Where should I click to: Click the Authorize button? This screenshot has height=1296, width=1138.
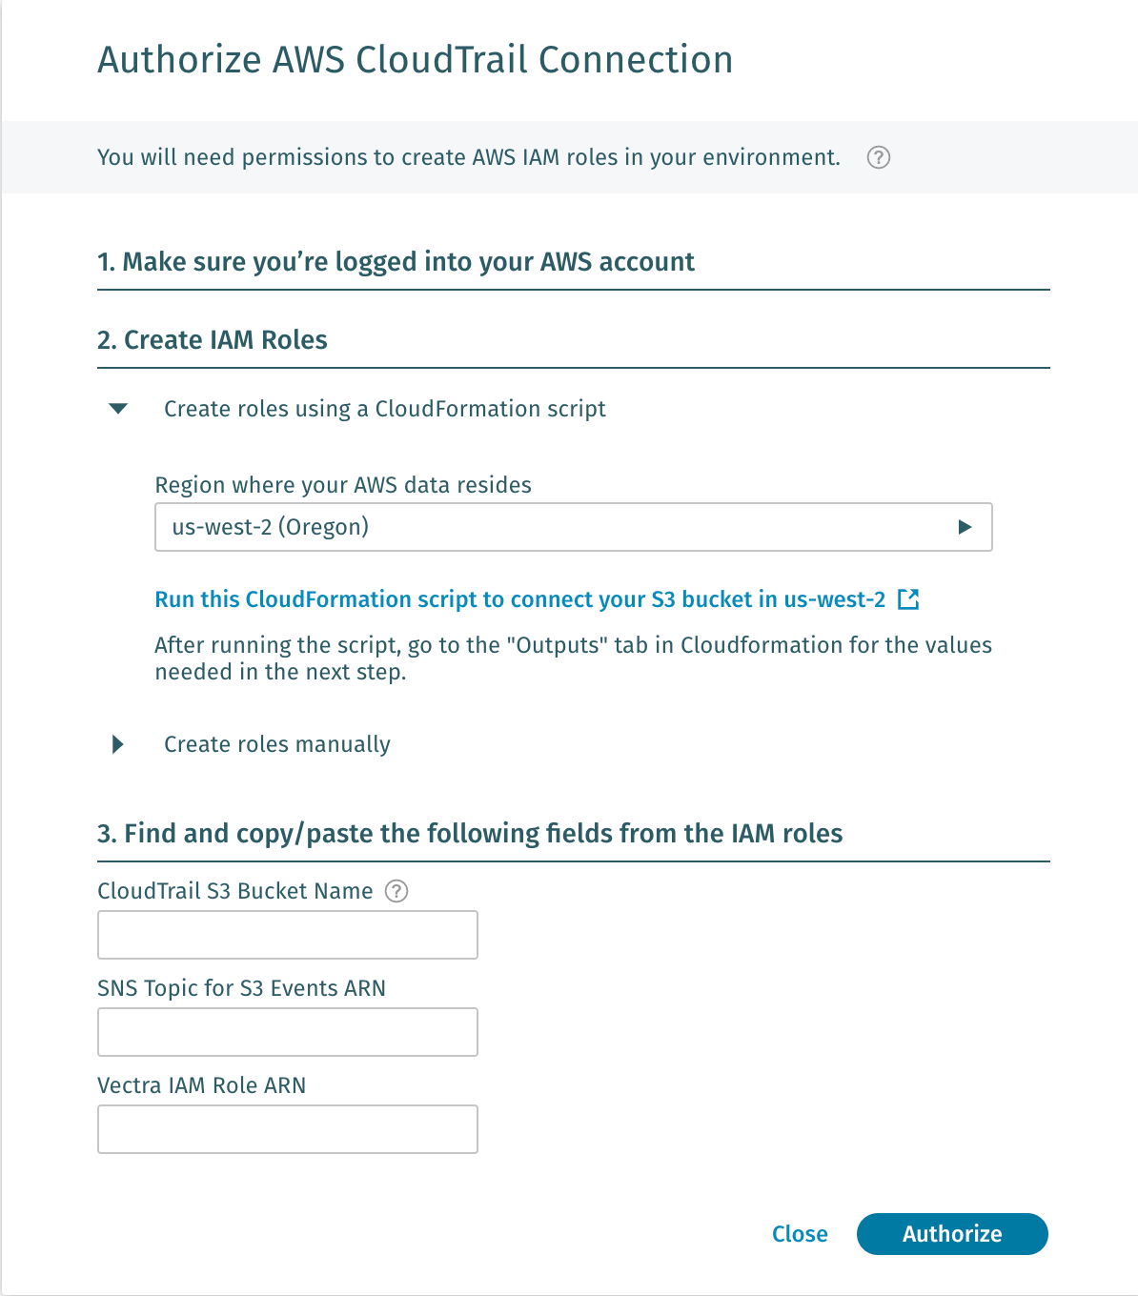(x=952, y=1234)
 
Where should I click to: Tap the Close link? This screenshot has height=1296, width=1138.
(x=800, y=1234)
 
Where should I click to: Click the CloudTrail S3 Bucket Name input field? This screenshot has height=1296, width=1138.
(x=287, y=935)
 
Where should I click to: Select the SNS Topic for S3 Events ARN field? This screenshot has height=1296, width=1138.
(x=287, y=1032)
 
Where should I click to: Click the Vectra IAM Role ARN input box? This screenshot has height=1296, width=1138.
(x=287, y=1129)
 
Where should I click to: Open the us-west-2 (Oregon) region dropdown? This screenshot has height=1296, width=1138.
(x=573, y=527)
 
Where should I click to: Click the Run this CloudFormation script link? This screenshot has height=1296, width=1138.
(x=519, y=599)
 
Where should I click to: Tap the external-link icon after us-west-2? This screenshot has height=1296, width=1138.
(x=908, y=599)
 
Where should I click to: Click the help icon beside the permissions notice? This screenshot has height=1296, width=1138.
(x=879, y=157)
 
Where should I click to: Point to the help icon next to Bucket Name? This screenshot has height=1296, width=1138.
(x=396, y=891)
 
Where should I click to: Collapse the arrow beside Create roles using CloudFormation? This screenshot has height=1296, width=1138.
(x=118, y=409)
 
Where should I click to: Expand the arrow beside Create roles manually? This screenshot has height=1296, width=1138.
(x=118, y=744)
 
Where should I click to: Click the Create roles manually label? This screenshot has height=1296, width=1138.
(x=277, y=744)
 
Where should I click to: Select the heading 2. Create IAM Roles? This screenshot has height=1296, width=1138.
(x=213, y=340)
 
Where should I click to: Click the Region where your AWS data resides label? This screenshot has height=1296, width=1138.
(x=343, y=485)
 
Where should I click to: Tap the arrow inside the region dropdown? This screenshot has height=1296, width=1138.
(x=965, y=527)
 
